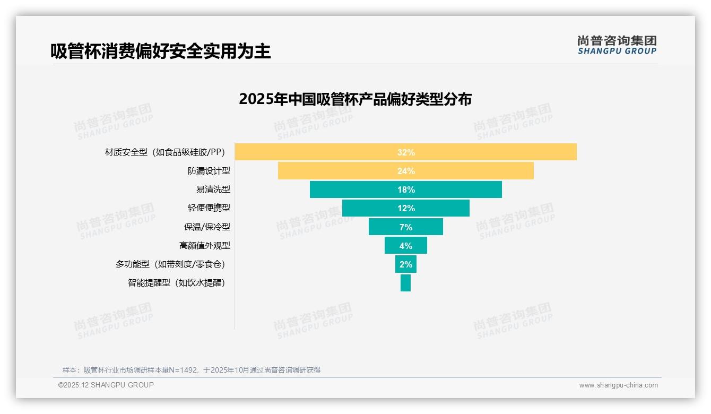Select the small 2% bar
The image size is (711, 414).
tap(405, 264)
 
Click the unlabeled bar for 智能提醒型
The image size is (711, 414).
tap(405, 283)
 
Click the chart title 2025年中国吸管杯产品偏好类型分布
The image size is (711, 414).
tap(355, 99)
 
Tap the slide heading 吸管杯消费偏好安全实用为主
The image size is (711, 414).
tap(161, 51)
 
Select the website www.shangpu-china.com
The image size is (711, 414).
tap(618, 385)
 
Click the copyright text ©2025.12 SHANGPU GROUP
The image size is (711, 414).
tap(106, 385)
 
